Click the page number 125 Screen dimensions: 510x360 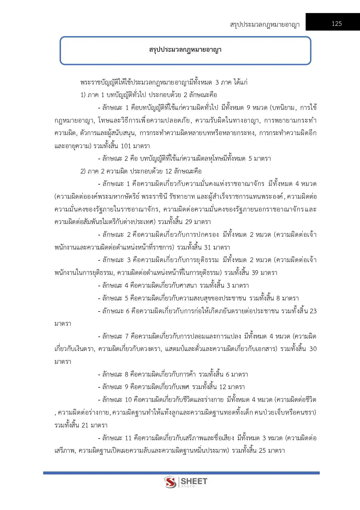click(x=336, y=24)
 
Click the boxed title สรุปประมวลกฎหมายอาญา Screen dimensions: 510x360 click(x=185, y=50)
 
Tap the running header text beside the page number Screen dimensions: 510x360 click(x=264, y=25)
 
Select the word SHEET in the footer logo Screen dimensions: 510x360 click(x=194, y=481)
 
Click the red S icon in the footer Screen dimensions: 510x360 click(x=170, y=482)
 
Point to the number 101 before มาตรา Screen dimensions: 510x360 click(x=126, y=146)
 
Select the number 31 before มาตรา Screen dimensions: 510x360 click(x=208, y=248)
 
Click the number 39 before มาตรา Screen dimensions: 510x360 click(x=255, y=273)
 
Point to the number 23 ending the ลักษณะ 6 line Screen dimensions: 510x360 click(x=313, y=311)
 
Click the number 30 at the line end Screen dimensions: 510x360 click(x=313, y=349)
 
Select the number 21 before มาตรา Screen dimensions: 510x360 click(x=85, y=425)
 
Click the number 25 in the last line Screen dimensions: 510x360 click(x=262, y=451)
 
